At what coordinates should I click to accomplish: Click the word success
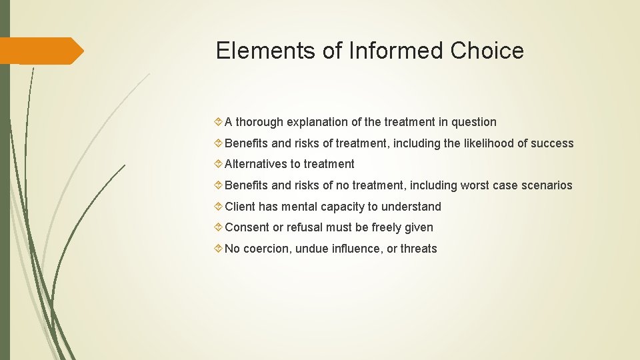[x=552, y=143]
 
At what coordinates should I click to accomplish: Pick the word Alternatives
[x=256, y=164]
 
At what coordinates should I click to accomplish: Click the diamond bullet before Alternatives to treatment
[x=219, y=164]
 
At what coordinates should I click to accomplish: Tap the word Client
[x=241, y=207]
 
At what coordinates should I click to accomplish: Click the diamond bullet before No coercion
[x=219, y=249]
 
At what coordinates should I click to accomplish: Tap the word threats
[x=419, y=249]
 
